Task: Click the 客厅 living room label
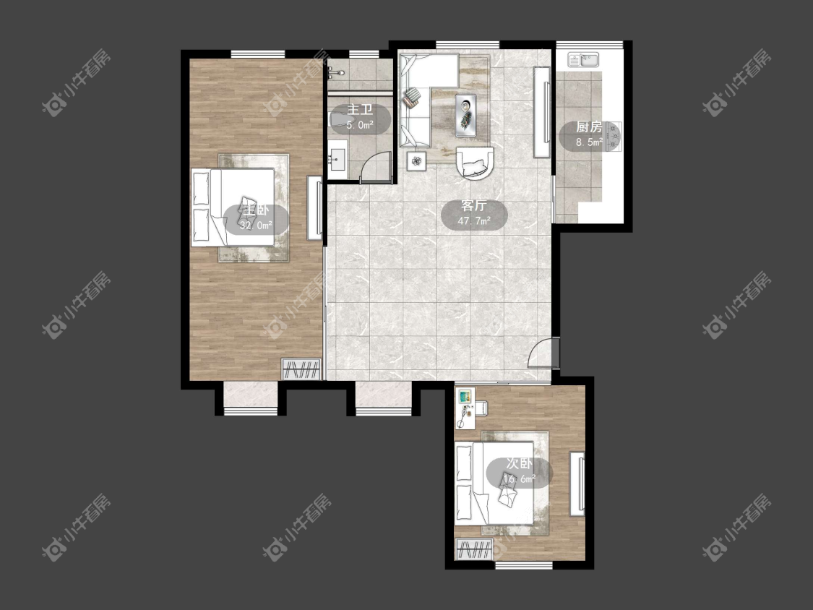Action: coord(474,206)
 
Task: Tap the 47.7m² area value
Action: coord(474,221)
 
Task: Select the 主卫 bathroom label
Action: coord(360,110)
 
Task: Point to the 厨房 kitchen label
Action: coord(590,127)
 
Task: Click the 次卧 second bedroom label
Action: coord(519,464)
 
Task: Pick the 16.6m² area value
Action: coord(520,479)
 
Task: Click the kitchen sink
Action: coord(583,60)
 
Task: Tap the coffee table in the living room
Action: coord(466,115)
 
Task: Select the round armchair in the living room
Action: coord(476,163)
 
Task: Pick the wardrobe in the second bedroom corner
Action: coord(473,550)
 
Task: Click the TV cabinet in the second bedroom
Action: coord(577,484)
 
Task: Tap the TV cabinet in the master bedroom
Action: coord(315,208)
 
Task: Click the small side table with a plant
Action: coord(416,160)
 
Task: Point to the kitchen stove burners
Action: coord(614,136)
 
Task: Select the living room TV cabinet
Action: coord(542,113)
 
